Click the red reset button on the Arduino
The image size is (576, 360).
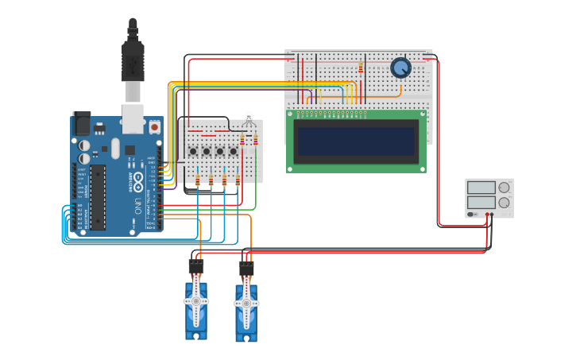[x=154, y=126]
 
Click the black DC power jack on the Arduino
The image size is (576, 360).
[x=81, y=124]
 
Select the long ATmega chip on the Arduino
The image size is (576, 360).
[x=98, y=197]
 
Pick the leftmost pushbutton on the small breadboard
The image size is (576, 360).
[x=193, y=151]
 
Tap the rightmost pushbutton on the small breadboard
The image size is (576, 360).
[x=234, y=151]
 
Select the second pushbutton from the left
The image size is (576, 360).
[x=207, y=151]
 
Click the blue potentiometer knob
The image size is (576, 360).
[x=401, y=68]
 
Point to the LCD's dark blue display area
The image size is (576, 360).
[x=356, y=141]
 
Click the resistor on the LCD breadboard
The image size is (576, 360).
[x=361, y=68]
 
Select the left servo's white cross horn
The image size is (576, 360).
[x=196, y=301]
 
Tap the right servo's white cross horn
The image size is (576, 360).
[x=246, y=304]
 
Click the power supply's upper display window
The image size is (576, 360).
[x=481, y=188]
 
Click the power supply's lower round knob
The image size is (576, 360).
[x=504, y=202]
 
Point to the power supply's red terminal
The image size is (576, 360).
[x=487, y=214]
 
